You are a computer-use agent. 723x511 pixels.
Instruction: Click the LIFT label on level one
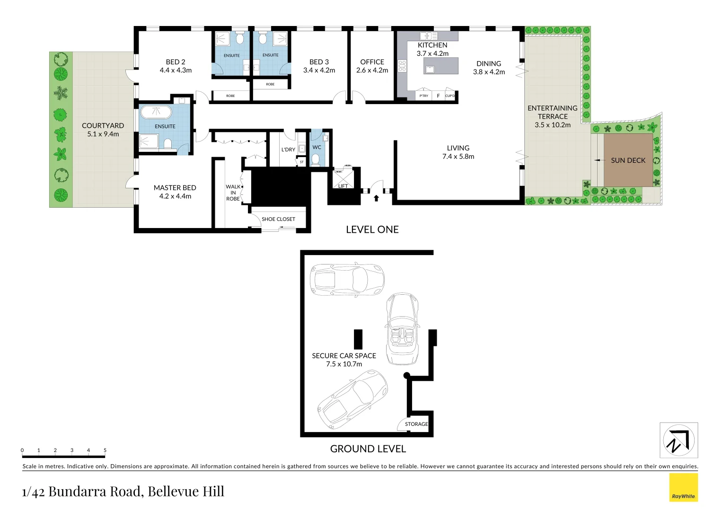coord(343,186)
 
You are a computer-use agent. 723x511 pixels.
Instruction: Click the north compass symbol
coord(679,441)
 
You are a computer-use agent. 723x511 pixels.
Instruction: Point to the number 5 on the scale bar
coord(105,450)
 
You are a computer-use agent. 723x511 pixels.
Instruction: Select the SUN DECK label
coord(628,160)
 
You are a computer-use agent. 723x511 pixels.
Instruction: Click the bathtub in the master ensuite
coord(156,112)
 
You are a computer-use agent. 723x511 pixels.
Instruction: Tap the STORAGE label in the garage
coord(416,424)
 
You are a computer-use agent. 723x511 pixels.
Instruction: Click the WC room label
coord(317,147)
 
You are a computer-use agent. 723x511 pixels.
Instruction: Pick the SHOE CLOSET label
coord(278,219)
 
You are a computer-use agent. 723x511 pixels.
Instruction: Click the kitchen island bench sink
coord(430,70)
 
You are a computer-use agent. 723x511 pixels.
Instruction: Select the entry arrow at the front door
coord(376,198)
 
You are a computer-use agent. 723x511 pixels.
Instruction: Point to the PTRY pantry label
coord(423,96)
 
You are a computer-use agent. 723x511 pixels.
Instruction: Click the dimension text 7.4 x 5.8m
coord(458,157)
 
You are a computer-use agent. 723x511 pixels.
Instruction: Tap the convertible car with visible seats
coord(402,329)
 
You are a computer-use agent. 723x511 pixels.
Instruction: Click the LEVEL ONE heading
coord(372,229)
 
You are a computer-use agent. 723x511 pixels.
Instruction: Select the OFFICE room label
coord(372,62)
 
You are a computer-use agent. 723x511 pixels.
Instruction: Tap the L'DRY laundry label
coord(288,150)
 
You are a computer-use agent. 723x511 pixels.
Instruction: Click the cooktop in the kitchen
coord(402,66)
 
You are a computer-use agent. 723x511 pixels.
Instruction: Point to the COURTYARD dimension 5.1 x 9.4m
coord(103,134)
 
